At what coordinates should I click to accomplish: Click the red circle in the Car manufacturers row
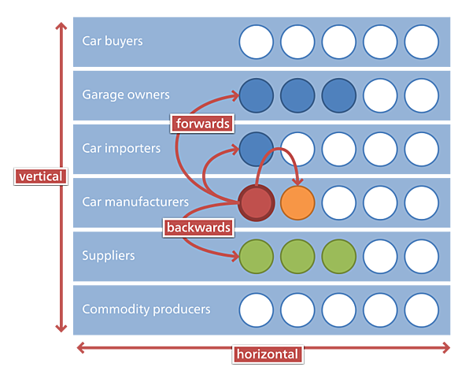[257, 202]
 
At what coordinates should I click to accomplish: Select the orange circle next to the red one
[297, 202]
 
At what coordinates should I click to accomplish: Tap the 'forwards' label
[202, 123]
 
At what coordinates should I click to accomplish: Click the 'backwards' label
[199, 228]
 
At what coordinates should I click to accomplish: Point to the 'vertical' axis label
[41, 176]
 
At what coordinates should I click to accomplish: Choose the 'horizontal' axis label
[268, 354]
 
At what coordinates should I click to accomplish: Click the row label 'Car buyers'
[113, 41]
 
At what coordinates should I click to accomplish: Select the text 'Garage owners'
[125, 94]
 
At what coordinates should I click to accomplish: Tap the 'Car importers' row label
[121, 148]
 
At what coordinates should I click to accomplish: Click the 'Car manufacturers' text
[135, 202]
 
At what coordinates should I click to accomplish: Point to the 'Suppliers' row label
[109, 255]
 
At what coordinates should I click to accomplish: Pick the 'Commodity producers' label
[146, 309]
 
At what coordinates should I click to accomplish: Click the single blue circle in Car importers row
[257, 149]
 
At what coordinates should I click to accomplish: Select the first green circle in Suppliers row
[257, 256]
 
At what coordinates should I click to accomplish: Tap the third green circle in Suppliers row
[338, 256]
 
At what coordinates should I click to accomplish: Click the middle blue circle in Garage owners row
[297, 95]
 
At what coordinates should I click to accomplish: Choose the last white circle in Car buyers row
[421, 42]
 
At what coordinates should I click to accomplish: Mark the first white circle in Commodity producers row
[257, 309]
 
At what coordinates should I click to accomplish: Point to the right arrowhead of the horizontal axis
[446, 347]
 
